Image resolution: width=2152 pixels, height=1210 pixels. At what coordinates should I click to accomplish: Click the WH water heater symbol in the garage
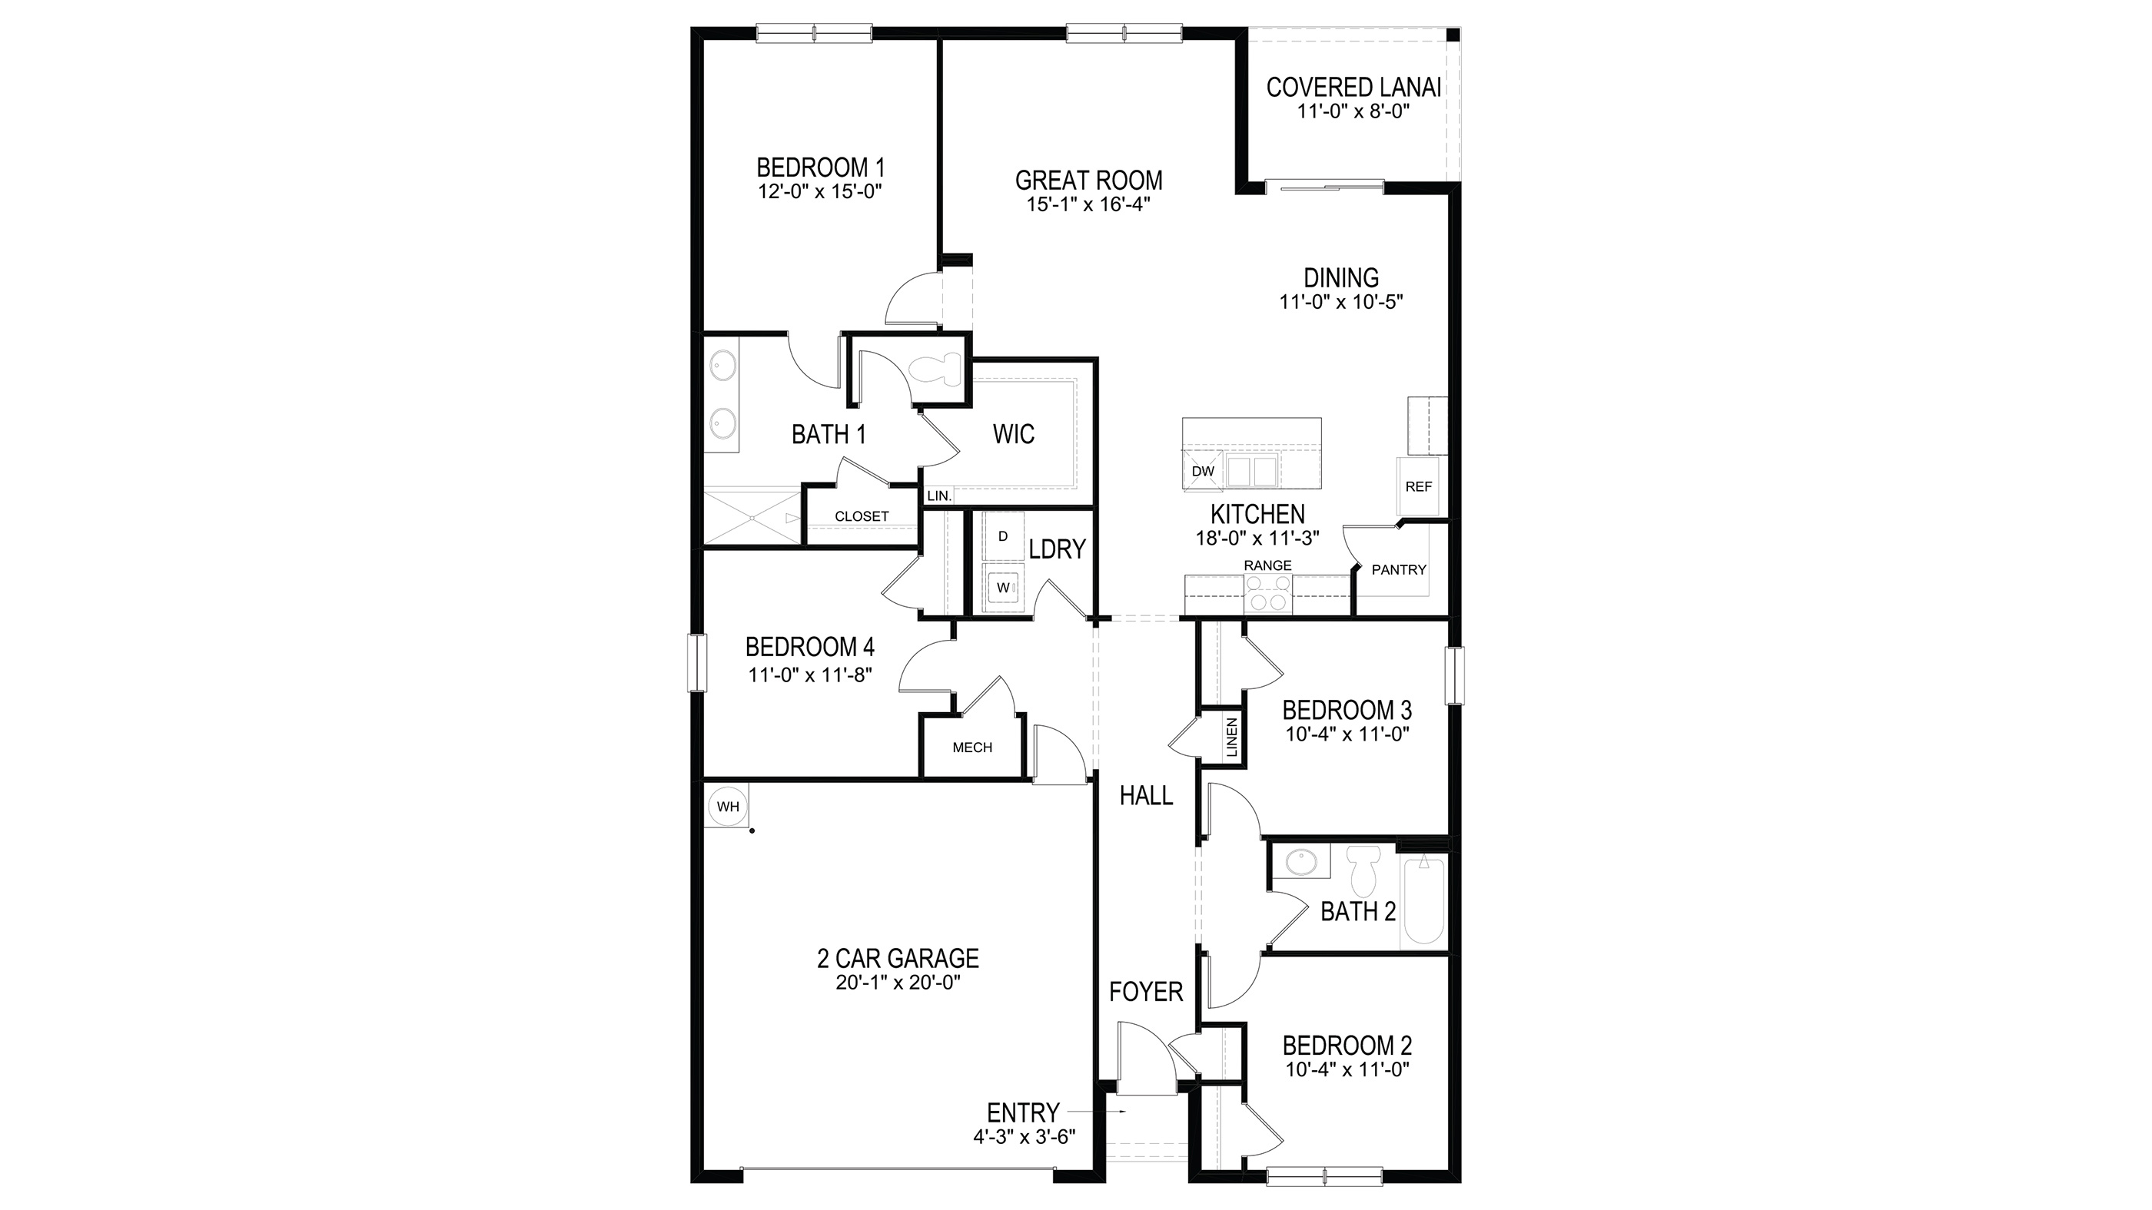[x=728, y=807]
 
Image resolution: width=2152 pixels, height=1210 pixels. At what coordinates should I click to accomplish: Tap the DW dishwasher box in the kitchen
[x=1202, y=471]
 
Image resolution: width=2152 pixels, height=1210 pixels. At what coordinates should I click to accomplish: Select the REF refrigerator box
[x=1418, y=486]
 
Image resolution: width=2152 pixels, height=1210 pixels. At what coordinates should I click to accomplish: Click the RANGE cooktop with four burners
[x=1267, y=595]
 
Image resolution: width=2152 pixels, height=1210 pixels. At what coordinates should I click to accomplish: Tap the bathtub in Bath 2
[x=1423, y=901]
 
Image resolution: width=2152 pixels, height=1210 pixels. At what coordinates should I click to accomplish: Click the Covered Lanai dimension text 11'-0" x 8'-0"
[x=1353, y=111]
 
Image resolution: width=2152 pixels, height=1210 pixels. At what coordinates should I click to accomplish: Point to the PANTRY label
[x=1399, y=569]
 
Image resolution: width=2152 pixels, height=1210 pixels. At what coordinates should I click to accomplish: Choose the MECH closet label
[x=972, y=748]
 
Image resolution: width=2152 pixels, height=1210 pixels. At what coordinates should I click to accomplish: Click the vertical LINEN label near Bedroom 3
[x=1232, y=738]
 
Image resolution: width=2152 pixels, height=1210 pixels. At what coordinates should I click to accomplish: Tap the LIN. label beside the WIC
[x=939, y=496]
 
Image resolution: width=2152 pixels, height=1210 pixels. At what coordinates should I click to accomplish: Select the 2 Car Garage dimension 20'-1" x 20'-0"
[x=898, y=983]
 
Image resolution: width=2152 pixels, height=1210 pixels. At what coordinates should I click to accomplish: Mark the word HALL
[x=1146, y=796]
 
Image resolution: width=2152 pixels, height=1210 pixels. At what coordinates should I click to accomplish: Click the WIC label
[x=1013, y=434]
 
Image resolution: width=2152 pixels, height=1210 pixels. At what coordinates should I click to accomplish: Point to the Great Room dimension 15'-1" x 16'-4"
[x=1088, y=204]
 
